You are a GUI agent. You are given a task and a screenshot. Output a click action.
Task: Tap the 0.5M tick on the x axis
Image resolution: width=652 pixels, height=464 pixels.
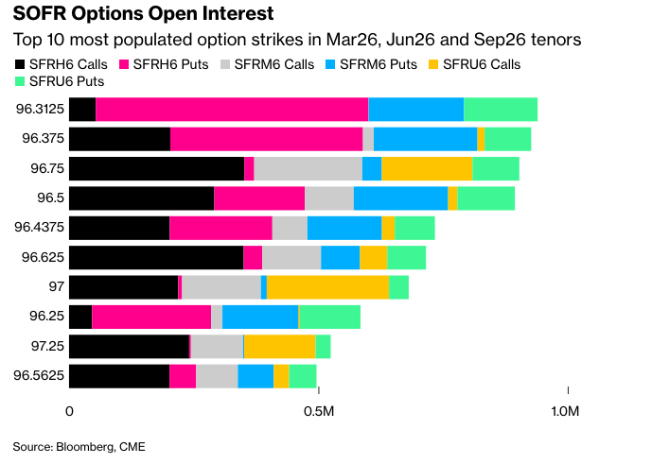click(x=318, y=412)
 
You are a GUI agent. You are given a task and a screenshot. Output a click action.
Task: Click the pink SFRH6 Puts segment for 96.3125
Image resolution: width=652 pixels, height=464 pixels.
click(x=232, y=109)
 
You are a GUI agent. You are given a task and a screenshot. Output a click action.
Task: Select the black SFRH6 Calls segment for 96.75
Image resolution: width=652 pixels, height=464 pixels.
click(x=157, y=168)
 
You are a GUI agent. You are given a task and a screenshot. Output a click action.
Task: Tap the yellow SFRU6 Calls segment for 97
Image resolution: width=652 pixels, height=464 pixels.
click(x=327, y=287)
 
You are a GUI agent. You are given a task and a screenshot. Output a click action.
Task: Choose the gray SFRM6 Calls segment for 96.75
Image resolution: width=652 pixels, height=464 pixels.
click(x=308, y=168)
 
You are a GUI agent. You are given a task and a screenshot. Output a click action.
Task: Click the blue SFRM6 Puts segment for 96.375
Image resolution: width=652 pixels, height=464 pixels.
click(x=425, y=139)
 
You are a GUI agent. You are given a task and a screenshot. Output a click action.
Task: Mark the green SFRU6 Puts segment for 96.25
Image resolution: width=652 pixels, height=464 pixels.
click(x=329, y=317)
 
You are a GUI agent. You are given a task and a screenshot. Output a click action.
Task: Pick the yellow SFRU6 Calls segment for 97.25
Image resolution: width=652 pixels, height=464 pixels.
click(x=279, y=346)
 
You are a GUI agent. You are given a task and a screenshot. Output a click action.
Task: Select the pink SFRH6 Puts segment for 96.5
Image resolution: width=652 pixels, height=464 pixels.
click(x=259, y=198)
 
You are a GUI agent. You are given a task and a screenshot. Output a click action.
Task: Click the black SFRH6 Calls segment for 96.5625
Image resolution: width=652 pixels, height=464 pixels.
click(x=119, y=376)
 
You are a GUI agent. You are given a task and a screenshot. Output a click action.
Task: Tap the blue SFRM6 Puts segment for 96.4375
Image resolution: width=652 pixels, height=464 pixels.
click(x=344, y=228)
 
